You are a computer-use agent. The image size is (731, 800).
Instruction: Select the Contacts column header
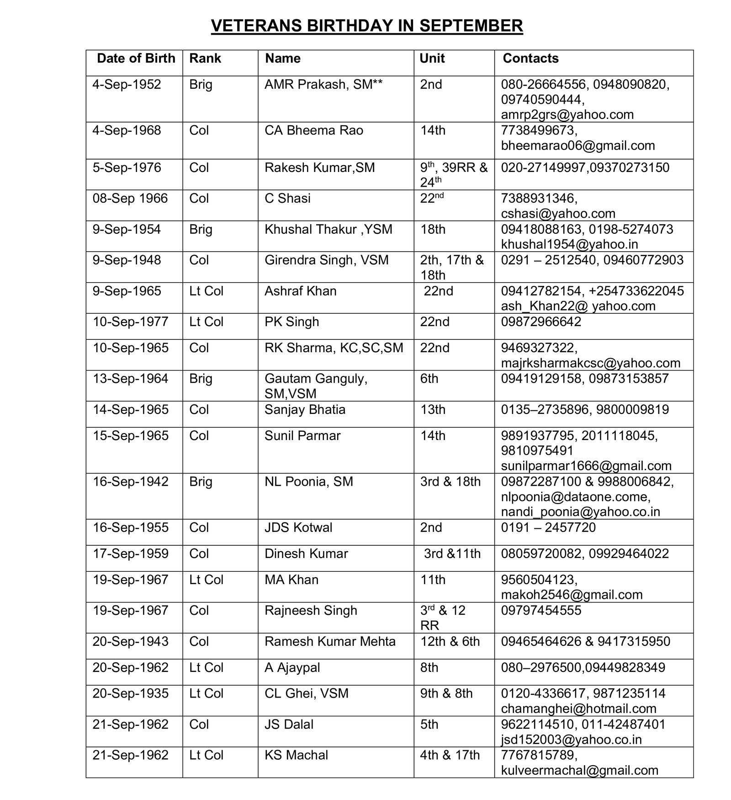click(530, 59)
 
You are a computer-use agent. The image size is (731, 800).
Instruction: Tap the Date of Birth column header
click(136, 59)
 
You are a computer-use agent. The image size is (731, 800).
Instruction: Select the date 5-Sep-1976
click(127, 168)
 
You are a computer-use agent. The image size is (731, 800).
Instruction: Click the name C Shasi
click(287, 199)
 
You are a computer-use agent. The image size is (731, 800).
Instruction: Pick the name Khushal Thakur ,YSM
click(328, 229)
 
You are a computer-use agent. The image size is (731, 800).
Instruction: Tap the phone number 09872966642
click(541, 322)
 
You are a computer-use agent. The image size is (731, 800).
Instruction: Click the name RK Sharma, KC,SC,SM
click(334, 348)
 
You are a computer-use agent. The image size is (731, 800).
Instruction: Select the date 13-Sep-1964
click(131, 379)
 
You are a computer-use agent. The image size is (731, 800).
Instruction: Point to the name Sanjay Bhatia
click(305, 409)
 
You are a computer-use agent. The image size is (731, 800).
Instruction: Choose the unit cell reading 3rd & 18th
click(450, 482)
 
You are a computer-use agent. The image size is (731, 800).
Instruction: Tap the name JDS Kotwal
click(298, 527)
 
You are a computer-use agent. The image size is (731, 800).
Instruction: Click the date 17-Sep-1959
click(131, 553)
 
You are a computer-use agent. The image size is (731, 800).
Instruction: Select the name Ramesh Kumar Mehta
click(330, 641)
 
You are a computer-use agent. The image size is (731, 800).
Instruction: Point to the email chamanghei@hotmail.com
click(578, 709)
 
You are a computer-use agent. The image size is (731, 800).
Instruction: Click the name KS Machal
click(296, 755)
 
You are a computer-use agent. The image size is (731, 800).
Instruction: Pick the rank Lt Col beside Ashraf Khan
click(207, 291)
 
